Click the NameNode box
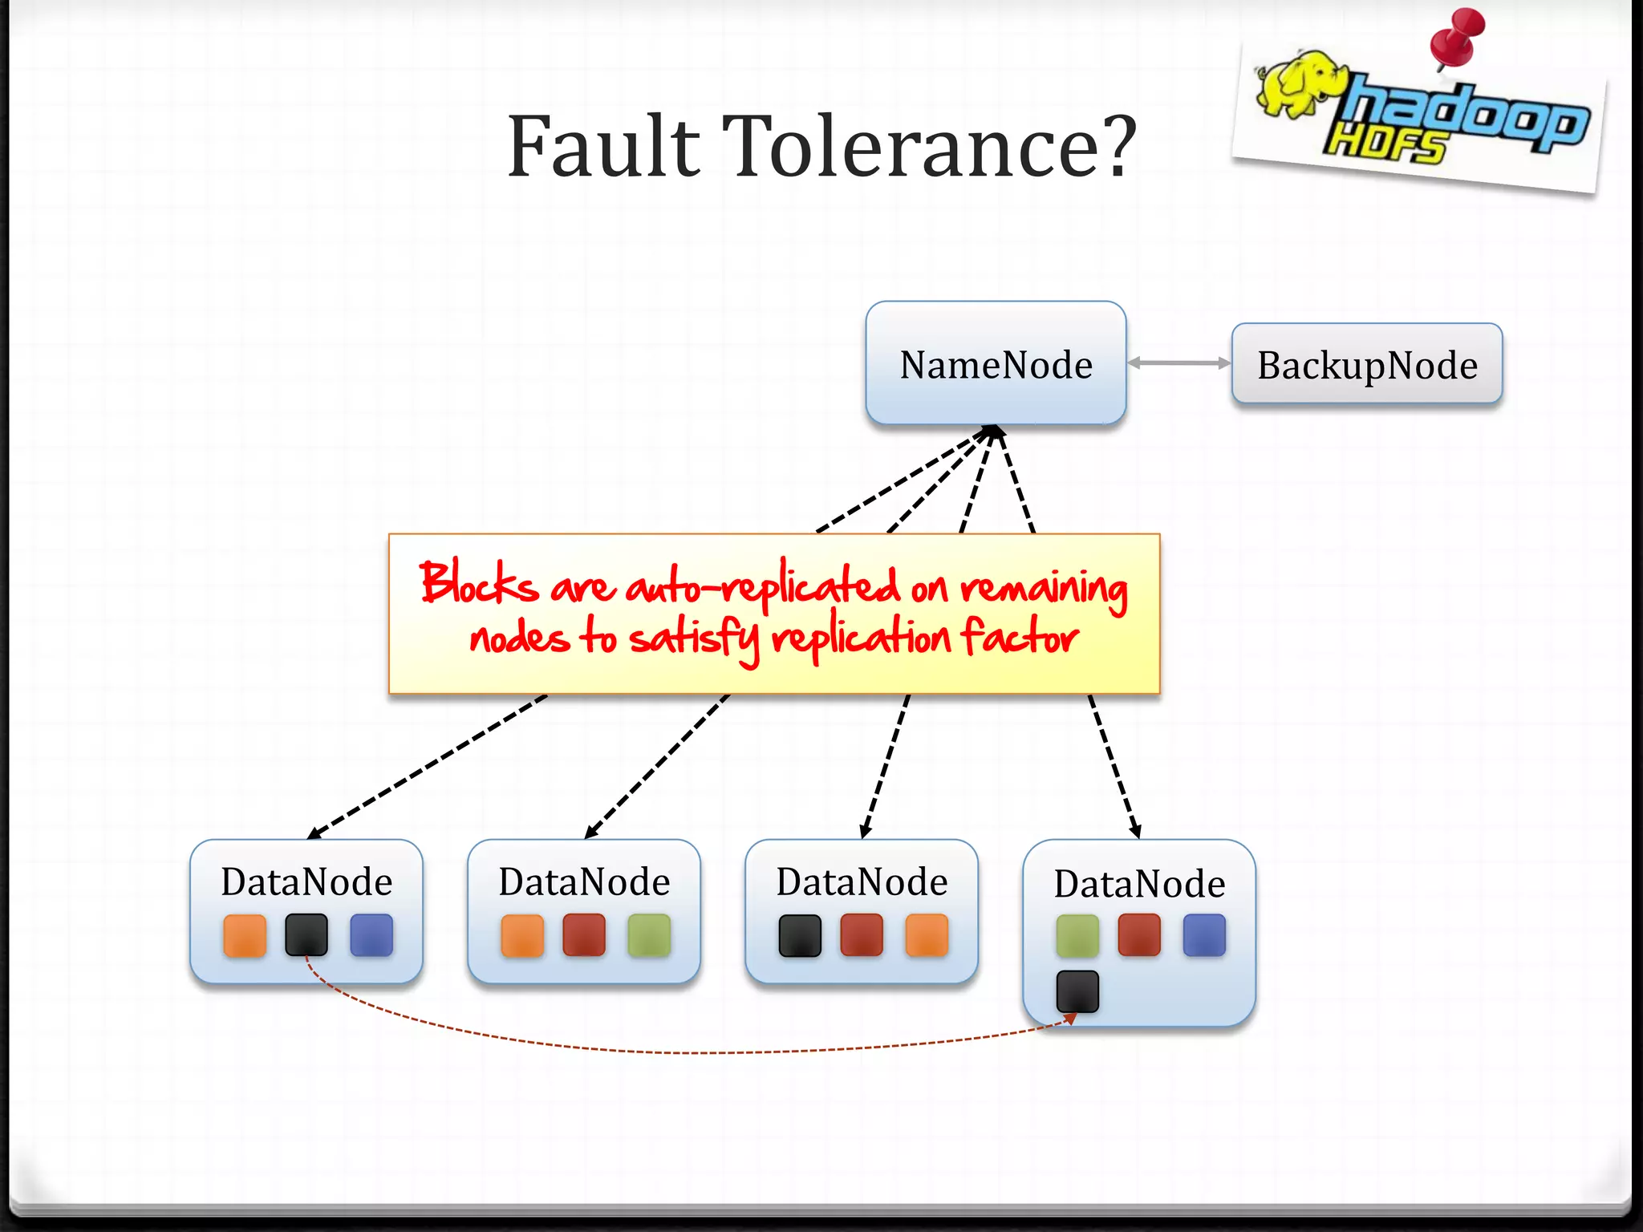996,363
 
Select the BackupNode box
1366,364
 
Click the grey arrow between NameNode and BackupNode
1178,363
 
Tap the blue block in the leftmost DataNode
371,935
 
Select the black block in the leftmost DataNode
306,935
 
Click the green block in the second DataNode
649,935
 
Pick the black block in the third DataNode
800,935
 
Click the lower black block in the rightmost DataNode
1077,991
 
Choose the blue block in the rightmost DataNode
1204,935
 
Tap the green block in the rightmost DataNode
1077,935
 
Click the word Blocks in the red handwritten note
479,583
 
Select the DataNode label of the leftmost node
306,881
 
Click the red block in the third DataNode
862,935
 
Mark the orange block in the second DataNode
522,935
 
